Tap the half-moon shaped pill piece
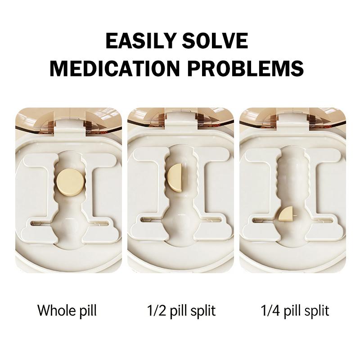pos(175,177)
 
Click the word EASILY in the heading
pos(141,40)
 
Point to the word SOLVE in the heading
pos(215,40)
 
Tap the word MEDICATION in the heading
pos(114,68)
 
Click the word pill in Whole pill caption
pos(88,311)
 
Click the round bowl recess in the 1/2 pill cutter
pos(181,223)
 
